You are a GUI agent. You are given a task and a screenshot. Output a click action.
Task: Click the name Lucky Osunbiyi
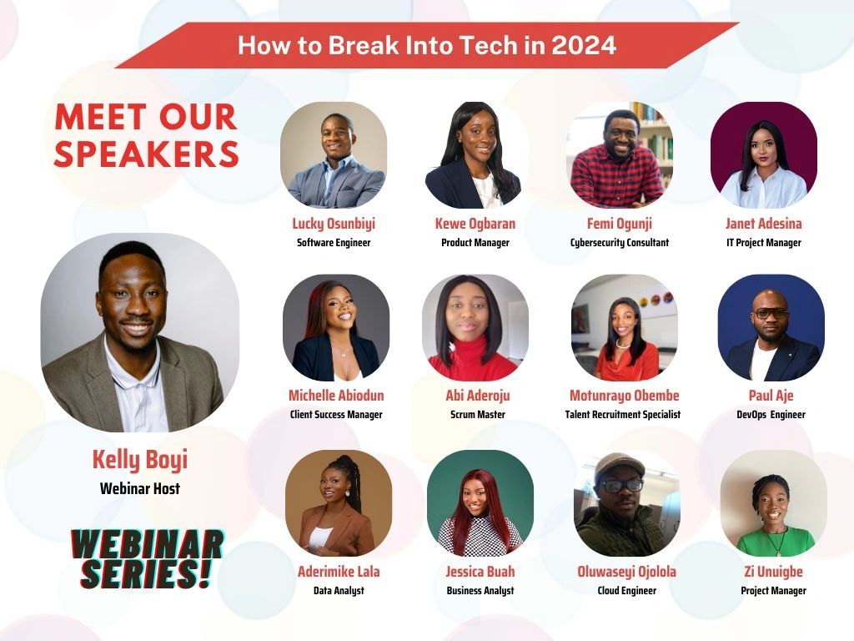point(334,224)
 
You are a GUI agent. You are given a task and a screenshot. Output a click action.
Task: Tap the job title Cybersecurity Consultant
point(620,243)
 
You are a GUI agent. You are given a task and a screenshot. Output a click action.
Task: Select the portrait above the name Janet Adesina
point(764,154)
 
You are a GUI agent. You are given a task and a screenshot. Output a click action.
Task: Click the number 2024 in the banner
point(583,45)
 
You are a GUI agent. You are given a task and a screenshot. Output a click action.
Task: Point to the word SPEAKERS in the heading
point(147,154)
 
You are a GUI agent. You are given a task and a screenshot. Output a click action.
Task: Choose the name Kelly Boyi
point(140,460)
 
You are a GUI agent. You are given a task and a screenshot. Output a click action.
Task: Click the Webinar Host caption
point(140,488)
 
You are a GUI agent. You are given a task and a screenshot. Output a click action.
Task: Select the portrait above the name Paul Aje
point(771,327)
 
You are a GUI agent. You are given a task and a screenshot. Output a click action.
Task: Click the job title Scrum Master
point(478,414)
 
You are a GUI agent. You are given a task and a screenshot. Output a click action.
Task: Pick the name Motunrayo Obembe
point(624,396)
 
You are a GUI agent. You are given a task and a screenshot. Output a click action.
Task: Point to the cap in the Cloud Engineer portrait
point(620,464)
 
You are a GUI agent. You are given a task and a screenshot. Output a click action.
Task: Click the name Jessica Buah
point(480,571)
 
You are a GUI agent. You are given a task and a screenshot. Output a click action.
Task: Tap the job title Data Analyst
point(339,590)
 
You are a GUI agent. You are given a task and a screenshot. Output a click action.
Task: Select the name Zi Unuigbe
point(773,571)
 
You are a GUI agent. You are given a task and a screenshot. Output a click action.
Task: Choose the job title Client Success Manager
point(336,414)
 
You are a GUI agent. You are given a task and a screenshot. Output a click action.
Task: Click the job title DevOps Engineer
point(771,414)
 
